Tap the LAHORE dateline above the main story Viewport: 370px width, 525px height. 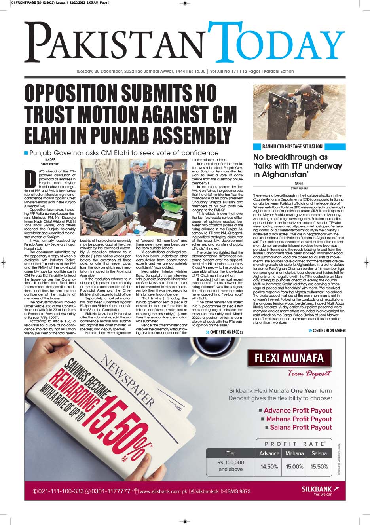click(x=49, y=160)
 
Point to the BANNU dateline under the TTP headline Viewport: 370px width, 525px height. click(x=299, y=184)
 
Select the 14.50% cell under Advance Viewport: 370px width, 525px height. click(x=269, y=466)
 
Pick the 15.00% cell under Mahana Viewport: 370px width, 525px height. click(x=294, y=466)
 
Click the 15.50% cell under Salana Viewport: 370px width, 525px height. click(x=319, y=466)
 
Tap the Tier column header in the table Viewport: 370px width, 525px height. click(x=231, y=453)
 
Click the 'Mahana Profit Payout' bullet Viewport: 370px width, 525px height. click(x=299, y=419)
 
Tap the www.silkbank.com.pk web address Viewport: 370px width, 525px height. click(x=163, y=491)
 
